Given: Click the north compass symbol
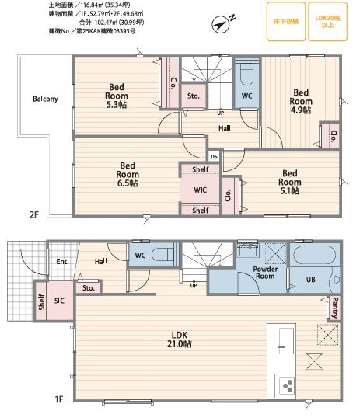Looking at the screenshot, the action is pyautogui.click(x=221, y=25).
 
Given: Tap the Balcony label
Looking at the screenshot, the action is pyautogui.click(x=45, y=99).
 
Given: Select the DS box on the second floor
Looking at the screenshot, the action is pyautogui.click(x=214, y=156).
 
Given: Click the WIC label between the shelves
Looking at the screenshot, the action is pyautogui.click(x=200, y=190).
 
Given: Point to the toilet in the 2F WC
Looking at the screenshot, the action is pyautogui.click(x=246, y=74).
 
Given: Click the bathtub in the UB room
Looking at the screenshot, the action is pyautogui.click(x=315, y=255).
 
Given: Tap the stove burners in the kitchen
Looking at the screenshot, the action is pyautogui.click(x=287, y=385).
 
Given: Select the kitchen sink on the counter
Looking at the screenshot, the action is pyautogui.click(x=286, y=341).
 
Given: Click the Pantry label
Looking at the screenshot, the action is pyautogui.click(x=334, y=308).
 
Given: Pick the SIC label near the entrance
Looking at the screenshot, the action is pyautogui.click(x=59, y=301).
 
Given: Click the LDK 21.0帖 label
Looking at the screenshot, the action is pyautogui.click(x=180, y=340).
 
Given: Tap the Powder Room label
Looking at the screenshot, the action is pyautogui.click(x=265, y=273).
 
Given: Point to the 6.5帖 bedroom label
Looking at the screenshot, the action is pyautogui.click(x=128, y=174).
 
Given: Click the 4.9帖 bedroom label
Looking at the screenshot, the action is pyautogui.click(x=301, y=101).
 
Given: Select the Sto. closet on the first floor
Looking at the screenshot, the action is pyautogui.click(x=89, y=288).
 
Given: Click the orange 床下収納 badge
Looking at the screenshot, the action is pyautogui.click(x=286, y=22).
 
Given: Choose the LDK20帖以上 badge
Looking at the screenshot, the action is pyautogui.click(x=327, y=22).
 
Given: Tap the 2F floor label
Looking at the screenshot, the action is pyautogui.click(x=34, y=214).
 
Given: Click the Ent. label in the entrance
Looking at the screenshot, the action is pyautogui.click(x=63, y=262).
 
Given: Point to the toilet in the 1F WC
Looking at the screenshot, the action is pyautogui.click(x=163, y=255).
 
